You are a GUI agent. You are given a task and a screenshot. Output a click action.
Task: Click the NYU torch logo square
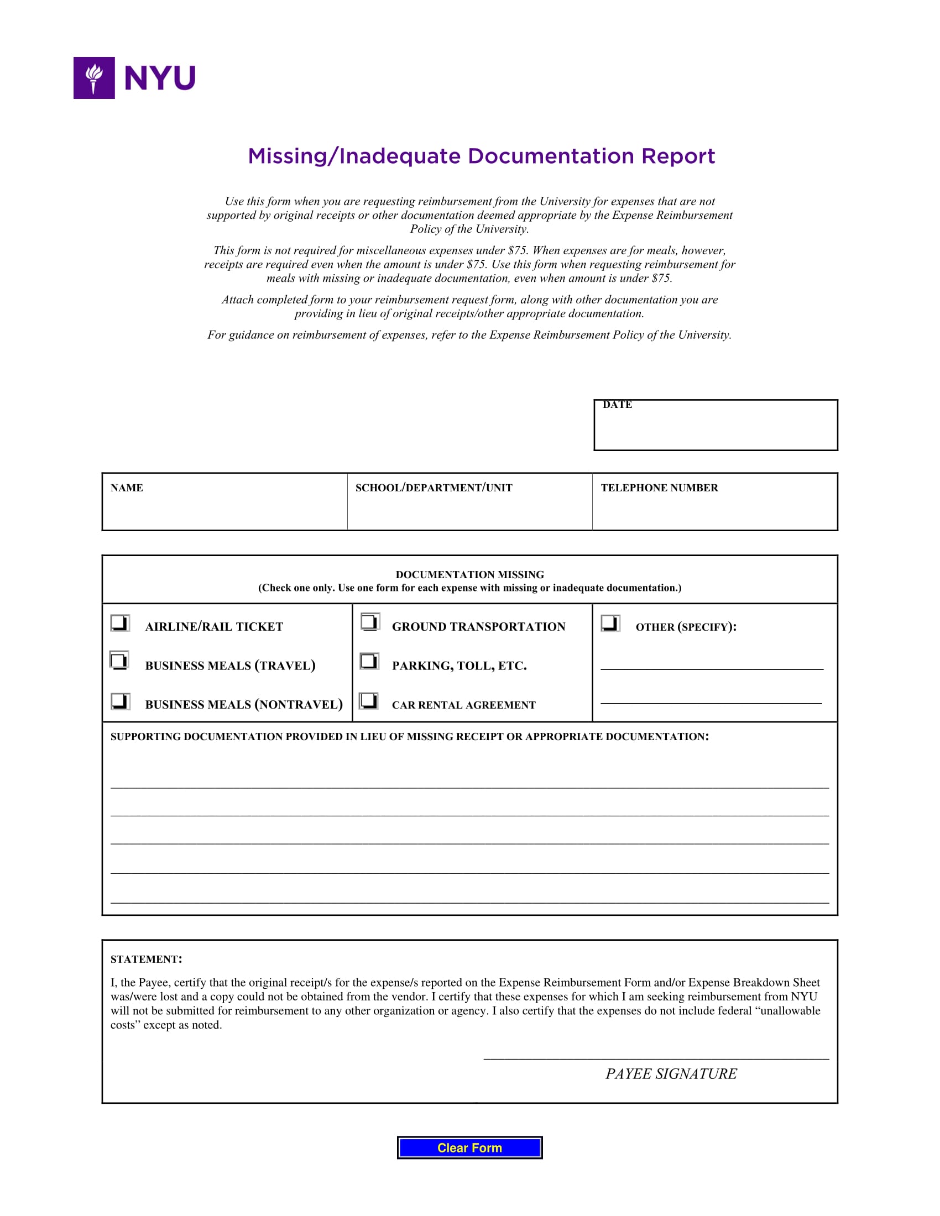(94, 78)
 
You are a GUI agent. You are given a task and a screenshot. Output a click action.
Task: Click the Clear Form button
(469, 1147)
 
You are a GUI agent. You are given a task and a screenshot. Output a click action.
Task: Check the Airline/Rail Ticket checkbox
(120, 622)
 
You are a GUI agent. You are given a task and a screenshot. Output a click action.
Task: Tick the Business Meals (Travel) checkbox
(119, 661)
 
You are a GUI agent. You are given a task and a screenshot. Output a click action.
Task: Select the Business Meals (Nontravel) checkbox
(120, 700)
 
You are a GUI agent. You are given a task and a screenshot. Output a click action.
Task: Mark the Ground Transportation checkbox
(370, 621)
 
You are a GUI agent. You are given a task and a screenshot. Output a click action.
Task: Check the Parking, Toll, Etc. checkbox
(369, 661)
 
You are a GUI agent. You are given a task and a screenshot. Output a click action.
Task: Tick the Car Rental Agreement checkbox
(368, 700)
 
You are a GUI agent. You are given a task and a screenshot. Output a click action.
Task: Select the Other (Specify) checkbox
(610, 622)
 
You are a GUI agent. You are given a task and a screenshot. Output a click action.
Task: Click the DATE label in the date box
(617, 405)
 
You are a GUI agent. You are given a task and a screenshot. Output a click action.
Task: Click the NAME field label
(127, 488)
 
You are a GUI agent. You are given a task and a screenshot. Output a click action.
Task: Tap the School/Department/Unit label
(434, 488)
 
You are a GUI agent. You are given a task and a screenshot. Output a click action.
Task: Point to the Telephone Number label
(659, 488)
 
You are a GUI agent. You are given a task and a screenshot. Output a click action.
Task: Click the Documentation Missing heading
(469, 575)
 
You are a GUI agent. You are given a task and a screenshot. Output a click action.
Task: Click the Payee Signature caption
(671, 1073)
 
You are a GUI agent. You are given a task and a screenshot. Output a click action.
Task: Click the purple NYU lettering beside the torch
(160, 78)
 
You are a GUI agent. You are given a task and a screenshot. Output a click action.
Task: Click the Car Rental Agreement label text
(463, 705)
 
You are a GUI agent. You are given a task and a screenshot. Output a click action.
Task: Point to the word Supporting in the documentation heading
(146, 737)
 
